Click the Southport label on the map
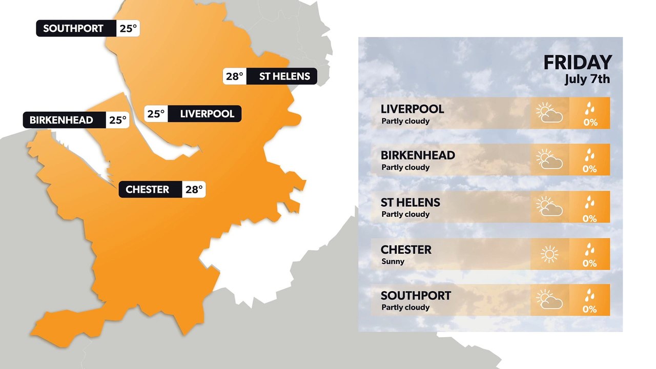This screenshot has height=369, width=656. point(73,29)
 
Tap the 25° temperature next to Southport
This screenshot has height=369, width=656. point(128,29)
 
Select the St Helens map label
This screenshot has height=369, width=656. point(284,76)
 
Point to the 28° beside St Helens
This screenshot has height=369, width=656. point(234,76)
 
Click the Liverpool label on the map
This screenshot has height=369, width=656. point(207,114)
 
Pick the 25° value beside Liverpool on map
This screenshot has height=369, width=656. point(156,114)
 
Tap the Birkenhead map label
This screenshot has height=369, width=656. point(61,120)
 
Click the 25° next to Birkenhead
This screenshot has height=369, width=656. point(117,120)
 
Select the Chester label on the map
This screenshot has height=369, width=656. point(147,190)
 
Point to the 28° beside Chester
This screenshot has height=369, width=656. point(194,190)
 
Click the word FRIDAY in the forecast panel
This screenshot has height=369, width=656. point(578,63)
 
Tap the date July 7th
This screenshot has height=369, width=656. point(587,80)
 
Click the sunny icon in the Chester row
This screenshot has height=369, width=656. point(549,254)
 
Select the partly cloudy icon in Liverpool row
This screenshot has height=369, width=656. point(549,113)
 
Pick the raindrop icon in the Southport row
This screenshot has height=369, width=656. point(590,294)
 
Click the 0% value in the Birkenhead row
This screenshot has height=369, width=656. point(590,169)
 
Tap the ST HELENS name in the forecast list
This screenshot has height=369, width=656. point(410,202)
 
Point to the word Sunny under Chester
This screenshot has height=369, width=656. point(393,261)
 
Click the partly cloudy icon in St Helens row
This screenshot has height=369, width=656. point(549,207)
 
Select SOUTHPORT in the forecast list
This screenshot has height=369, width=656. point(416,296)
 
